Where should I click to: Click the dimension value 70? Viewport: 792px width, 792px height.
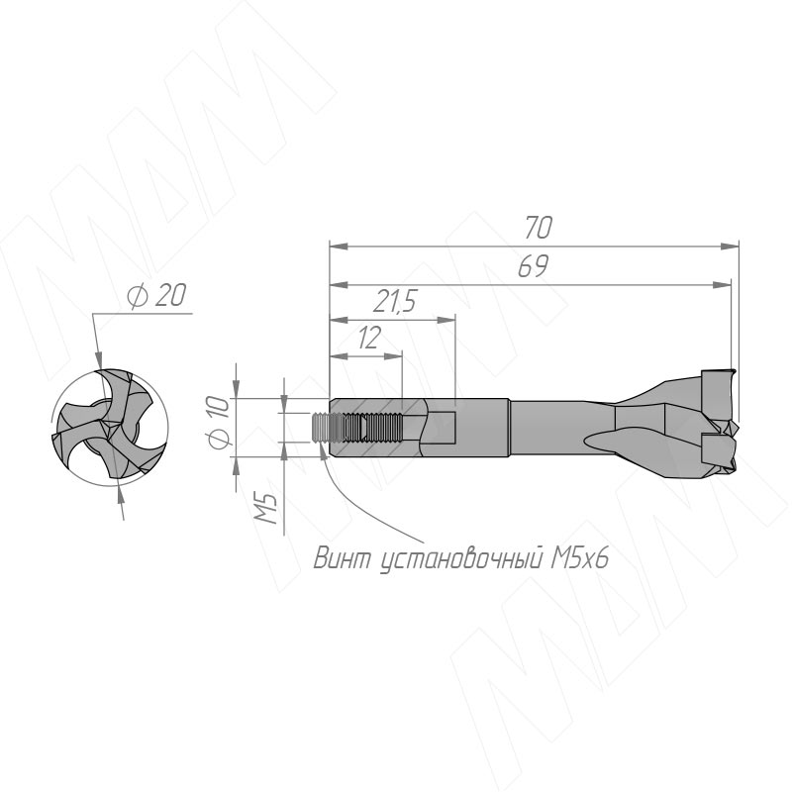point(538,227)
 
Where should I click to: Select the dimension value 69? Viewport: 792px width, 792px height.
point(534,266)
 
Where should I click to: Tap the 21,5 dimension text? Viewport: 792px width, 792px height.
point(394,302)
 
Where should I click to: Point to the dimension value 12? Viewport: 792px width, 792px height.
point(368,338)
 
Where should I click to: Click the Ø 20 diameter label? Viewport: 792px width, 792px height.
point(156,295)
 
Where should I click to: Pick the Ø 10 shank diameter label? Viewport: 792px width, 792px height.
point(219,423)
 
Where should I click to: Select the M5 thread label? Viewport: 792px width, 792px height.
point(265,508)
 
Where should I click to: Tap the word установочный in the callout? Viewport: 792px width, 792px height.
point(461,560)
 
